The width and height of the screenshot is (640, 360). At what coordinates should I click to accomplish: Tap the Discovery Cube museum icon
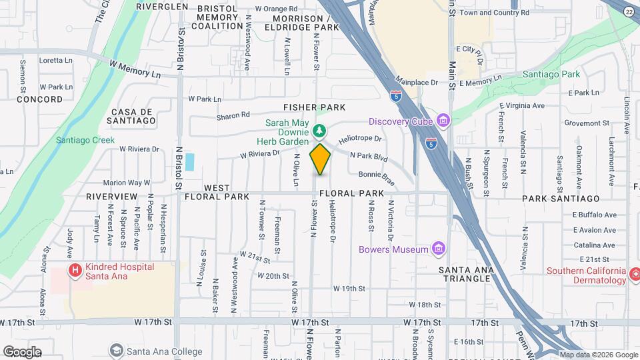click(x=443, y=121)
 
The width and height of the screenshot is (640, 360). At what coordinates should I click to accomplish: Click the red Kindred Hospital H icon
click(x=75, y=271)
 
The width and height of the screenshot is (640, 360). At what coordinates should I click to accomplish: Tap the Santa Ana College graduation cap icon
click(x=117, y=351)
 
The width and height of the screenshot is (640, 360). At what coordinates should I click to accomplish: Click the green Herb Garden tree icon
click(x=320, y=129)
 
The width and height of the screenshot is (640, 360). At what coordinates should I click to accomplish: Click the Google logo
click(x=21, y=352)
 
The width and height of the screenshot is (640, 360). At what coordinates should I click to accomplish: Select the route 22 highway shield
click(x=629, y=11)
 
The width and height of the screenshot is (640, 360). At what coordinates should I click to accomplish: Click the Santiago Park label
click(x=551, y=75)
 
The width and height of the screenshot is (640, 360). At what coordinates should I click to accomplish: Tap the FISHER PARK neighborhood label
click(x=314, y=107)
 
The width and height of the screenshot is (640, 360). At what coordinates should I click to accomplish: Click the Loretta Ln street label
click(x=56, y=60)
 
